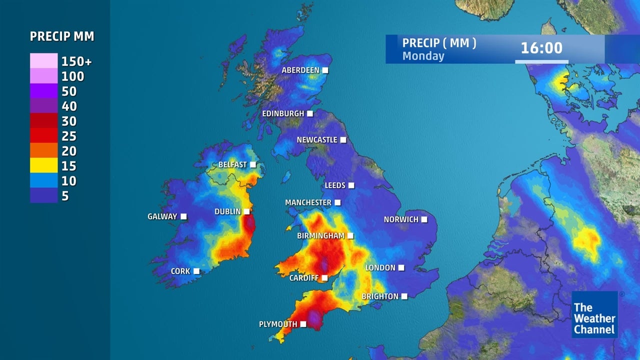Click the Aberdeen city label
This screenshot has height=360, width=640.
(300, 70)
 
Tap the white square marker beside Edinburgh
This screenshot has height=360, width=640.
(310, 113)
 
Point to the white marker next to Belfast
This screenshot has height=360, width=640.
(253, 164)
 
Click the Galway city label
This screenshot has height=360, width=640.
(162, 216)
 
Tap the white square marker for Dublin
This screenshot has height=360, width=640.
(246, 211)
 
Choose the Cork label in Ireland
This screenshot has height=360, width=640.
(180, 271)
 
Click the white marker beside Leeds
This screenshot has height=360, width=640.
(351, 185)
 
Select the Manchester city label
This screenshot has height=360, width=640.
(308, 202)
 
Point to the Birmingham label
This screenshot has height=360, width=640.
(321, 235)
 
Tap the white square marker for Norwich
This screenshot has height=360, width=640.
(424, 219)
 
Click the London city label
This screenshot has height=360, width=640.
(380, 268)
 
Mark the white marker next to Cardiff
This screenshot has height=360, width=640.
(324, 278)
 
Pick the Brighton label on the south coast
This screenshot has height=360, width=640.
(380, 296)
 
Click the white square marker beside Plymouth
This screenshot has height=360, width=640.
(302, 324)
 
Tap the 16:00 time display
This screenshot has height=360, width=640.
(541, 48)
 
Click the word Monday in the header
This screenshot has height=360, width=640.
(423, 55)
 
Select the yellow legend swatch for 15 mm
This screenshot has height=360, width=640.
(44, 165)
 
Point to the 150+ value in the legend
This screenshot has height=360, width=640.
(76, 61)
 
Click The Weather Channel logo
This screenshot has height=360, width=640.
(594, 314)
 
